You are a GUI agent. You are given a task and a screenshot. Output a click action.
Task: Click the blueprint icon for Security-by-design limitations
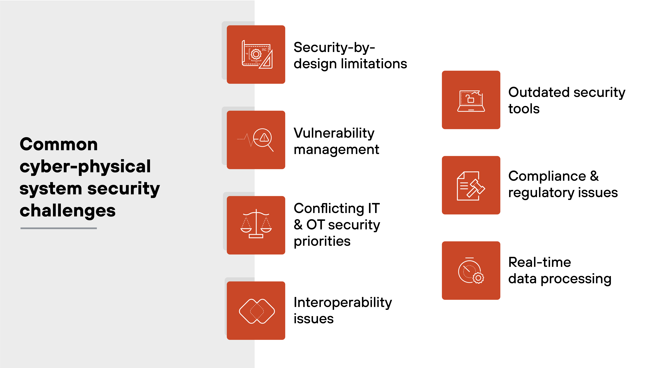[x=256, y=55]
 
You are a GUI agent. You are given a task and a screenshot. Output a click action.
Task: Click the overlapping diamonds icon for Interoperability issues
[x=256, y=311]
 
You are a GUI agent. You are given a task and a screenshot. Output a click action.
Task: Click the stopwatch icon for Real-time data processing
[x=471, y=271]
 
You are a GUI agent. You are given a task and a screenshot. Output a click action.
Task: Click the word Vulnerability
[x=334, y=133]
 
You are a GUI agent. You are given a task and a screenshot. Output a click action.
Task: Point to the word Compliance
[x=547, y=176]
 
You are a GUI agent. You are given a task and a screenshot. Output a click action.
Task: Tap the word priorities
[x=322, y=241]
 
